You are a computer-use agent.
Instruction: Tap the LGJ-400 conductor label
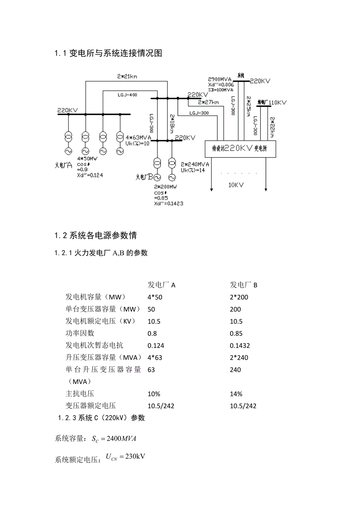(127, 95)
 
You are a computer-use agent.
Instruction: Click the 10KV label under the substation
(236, 185)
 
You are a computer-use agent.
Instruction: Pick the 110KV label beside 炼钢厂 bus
(278, 102)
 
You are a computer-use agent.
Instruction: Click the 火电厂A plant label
(63, 165)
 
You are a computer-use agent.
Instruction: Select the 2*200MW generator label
(166, 187)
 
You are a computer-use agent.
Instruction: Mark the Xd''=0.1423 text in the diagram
(169, 203)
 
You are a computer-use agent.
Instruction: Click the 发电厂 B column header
(243, 285)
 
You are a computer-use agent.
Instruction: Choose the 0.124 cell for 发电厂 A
(156, 346)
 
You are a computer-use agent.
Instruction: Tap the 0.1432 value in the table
(240, 346)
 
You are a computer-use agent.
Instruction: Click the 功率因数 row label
(80, 333)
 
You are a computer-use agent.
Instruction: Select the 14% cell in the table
(236, 394)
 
